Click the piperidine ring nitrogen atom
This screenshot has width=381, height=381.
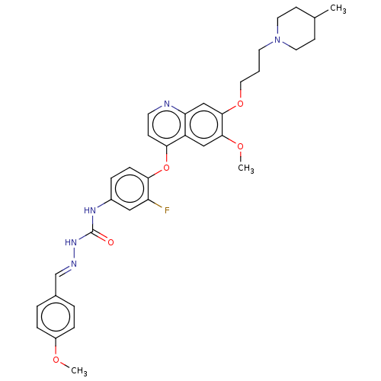point(277,40)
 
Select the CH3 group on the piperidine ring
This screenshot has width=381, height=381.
point(338,8)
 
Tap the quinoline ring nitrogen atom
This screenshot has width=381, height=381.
point(167,104)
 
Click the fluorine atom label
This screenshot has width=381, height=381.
point(167,210)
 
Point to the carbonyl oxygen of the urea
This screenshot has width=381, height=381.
point(110,242)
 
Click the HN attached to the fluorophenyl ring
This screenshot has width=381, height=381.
point(90,210)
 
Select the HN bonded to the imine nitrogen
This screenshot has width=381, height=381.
point(71,242)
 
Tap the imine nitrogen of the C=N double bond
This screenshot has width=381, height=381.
point(74,264)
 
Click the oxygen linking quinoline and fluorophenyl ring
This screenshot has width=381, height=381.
point(167,168)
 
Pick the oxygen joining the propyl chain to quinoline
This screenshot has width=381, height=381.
point(240,104)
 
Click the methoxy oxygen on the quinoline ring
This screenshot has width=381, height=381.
point(240,146)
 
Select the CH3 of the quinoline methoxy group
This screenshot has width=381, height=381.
point(246,168)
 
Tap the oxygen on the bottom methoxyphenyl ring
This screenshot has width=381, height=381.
point(56,360)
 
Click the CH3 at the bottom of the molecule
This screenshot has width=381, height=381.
point(79,371)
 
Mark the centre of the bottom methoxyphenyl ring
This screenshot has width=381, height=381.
point(56,317)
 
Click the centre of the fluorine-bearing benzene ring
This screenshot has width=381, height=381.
point(130,189)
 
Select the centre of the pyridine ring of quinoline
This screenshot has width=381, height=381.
point(167,125)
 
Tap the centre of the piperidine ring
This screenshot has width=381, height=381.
point(296,28)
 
